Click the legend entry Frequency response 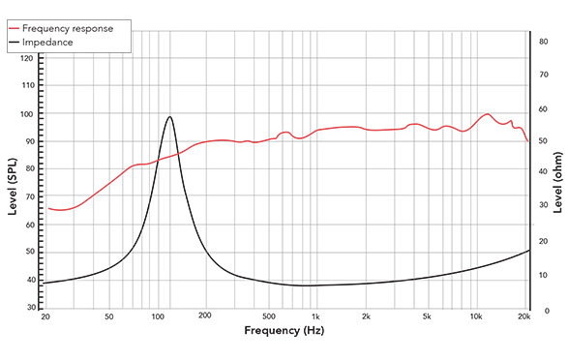[73, 28]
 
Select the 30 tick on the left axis [29, 308]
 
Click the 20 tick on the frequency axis [45, 317]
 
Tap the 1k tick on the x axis [314, 317]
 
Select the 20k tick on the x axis [525, 317]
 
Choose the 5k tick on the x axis [427, 317]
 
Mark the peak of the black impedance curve [169, 117]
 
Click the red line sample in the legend [18, 28]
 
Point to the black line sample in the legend [18, 42]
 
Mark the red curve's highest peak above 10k [488, 114]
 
